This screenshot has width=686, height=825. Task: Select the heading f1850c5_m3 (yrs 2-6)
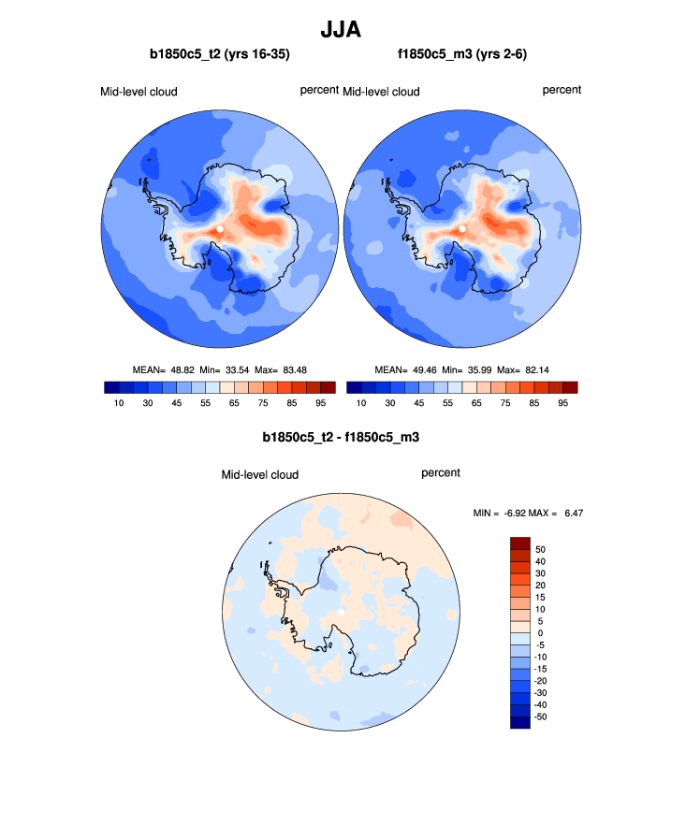point(462,56)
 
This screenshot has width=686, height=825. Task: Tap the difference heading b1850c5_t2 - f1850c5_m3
point(342,437)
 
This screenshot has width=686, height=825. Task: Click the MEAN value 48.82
point(180,369)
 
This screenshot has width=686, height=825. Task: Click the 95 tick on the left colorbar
point(320,403)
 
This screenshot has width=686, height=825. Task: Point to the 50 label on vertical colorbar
point(540,549)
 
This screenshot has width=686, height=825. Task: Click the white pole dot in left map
point(218,227)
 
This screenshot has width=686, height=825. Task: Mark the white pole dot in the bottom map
point(343,612)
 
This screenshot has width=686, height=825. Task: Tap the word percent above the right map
point(562,90)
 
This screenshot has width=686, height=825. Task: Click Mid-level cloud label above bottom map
point(259,475)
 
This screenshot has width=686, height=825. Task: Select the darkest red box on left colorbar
point(328,387)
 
